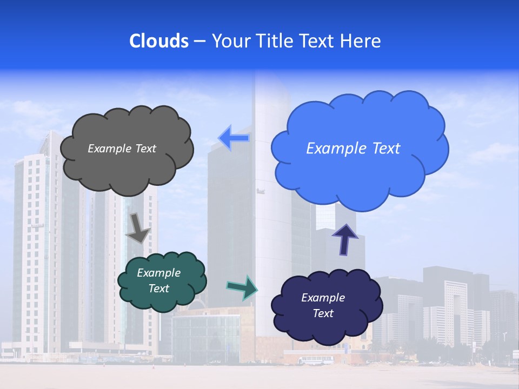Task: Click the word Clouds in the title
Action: [x=159, y=41]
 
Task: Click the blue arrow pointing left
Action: [x=234, y=138]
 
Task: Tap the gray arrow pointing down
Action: [x=138, y=227]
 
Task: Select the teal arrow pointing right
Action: [x=242, y=287]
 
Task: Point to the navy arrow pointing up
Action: [x=345, y=239]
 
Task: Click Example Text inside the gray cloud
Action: [x=122, y=149]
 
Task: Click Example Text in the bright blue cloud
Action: [x=353, y=149]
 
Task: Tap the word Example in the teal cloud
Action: [x=158, y=273]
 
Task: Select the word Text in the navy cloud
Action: [x=323, y=313]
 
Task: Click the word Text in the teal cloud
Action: [x=158, y=289]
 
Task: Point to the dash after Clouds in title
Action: [x=199, y=42]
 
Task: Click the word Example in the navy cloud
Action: [x=323, y=298]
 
